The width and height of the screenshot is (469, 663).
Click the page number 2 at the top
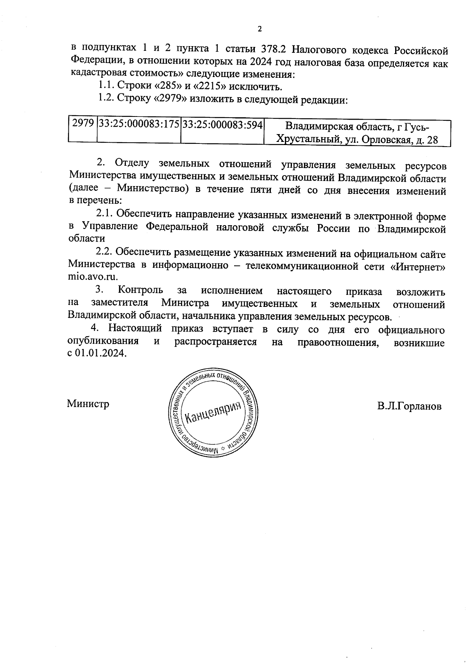click(259, 29)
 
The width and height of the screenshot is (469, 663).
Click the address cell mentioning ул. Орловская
click(357, 133)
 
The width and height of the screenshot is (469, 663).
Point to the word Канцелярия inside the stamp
click(212, 412)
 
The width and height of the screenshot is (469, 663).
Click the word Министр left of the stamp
click(88, 403)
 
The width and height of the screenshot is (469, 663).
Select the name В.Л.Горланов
click(409, 406)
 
